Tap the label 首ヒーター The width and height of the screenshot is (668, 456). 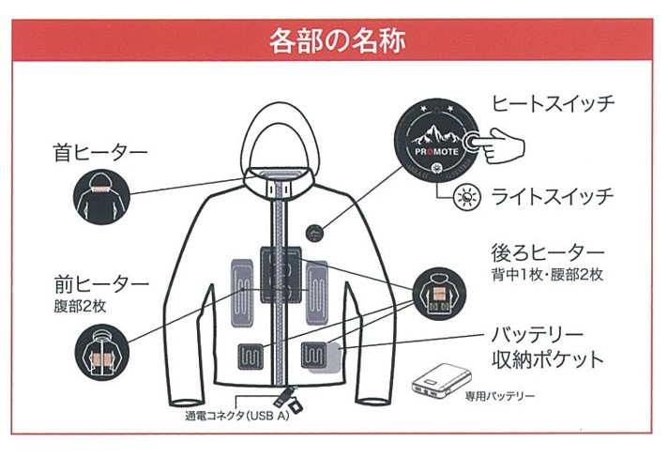point(100,151)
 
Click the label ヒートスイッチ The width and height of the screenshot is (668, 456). point(554,103)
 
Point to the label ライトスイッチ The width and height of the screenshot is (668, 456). point(553,196)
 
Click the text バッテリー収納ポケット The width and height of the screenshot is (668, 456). point(549,346)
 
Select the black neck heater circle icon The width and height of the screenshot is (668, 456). point(100,198)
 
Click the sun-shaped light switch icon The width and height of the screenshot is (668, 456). point(463,197)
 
